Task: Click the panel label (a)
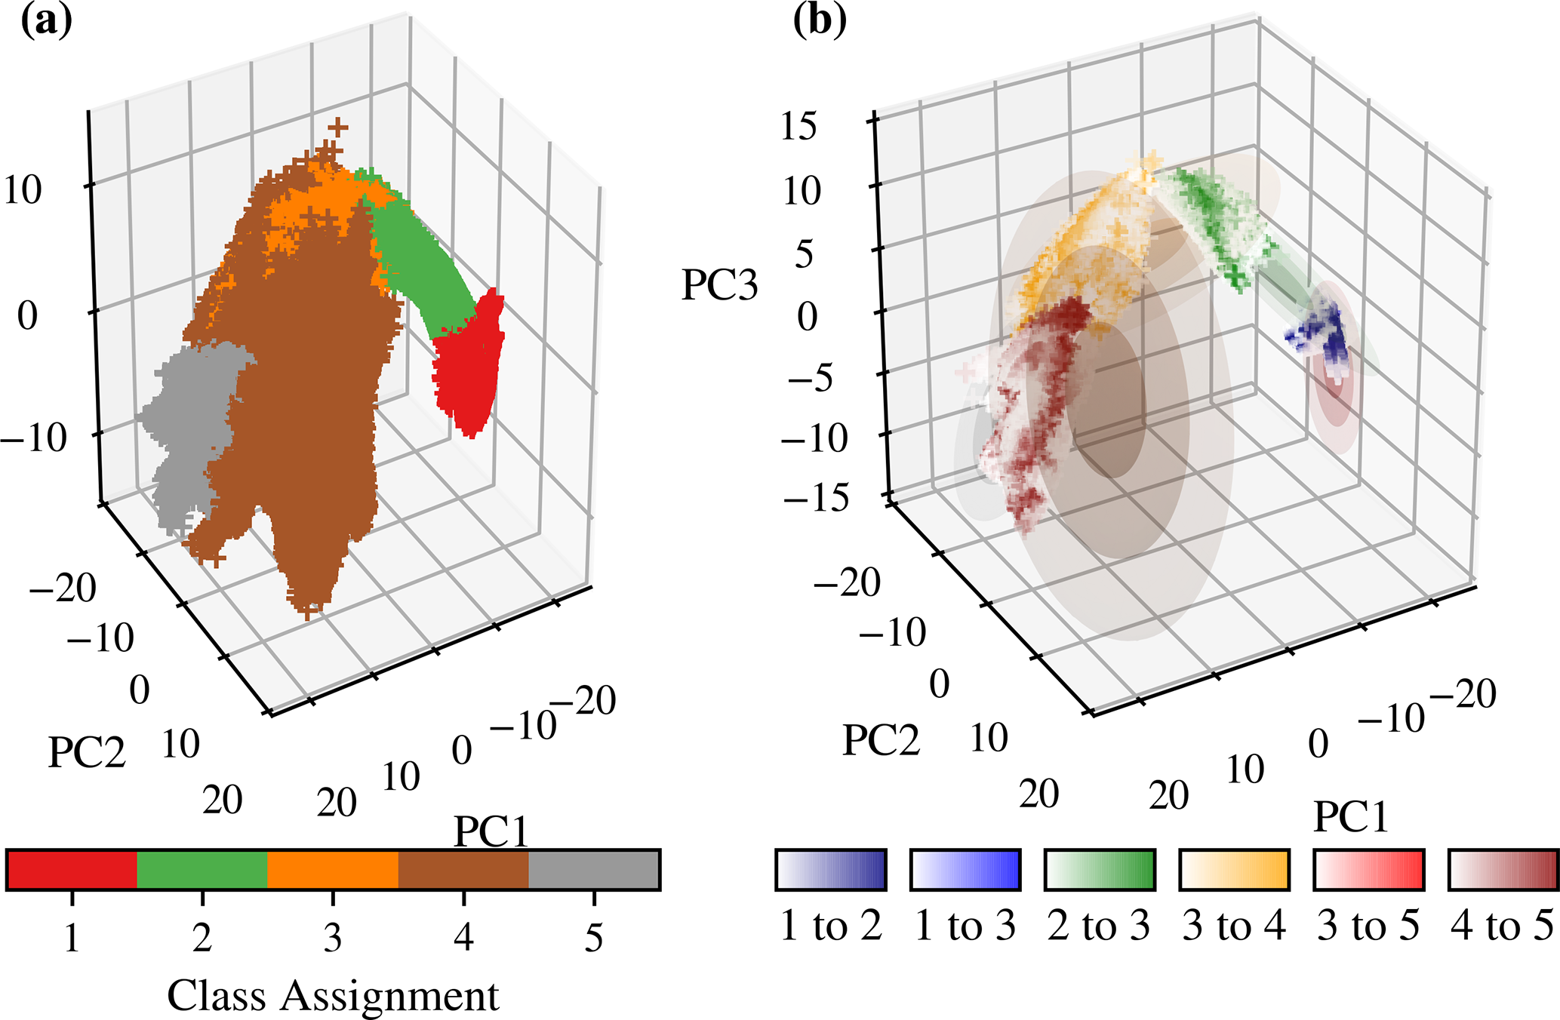click(x=46, y=21)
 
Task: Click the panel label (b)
click(x=819, y=21)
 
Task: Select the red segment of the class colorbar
click(x=72, y=870)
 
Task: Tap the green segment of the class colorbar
click(x=202, y=870)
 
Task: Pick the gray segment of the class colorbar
click(x=594, y=870)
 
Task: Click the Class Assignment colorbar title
click(x=333, y=996)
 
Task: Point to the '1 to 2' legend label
click(x=831, y=925)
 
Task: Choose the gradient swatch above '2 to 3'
click(x=1100, y=870)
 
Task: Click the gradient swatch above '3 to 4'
click(x=1234, y=870)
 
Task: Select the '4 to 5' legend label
click(x=1503, y=925)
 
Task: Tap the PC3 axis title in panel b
click(x=719, y=285)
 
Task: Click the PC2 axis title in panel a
click(x=87, y=752)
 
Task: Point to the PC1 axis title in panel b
click(x=1351, y=816)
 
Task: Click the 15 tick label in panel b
click(x=798, y=126)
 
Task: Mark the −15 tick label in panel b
click(x=815, y=498)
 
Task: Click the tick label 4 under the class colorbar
click(x=463, y=937)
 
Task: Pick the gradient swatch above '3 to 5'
click(x=1368, y=870)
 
